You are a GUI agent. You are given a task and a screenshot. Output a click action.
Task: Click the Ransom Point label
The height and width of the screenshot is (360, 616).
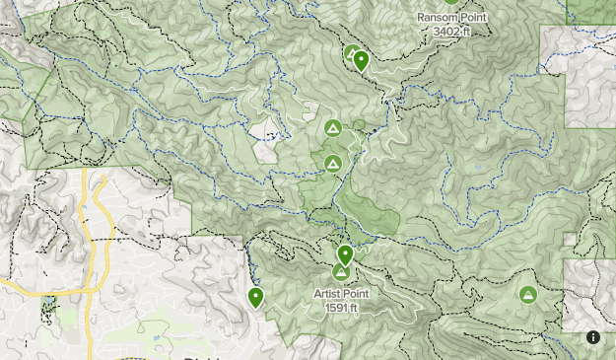click(x=452, y=18)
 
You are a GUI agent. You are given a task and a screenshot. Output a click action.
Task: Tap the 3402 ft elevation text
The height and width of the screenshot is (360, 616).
click(x=452, y=32)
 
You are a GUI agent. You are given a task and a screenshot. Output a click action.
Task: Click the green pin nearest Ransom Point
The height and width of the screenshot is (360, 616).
click(x=361, y=60)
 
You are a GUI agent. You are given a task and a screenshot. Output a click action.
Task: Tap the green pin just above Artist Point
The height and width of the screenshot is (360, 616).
click(x=345, y=254)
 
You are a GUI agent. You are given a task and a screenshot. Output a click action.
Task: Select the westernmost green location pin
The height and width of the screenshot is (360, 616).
click(x=256, y=296)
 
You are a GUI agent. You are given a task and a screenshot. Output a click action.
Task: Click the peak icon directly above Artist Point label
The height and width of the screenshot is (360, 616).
click(x=341, y=272)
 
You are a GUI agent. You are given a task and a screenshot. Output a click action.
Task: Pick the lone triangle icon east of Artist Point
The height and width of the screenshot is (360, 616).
click(x=528, y=294)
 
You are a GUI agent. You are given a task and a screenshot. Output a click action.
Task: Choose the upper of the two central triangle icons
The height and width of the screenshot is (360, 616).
click(x=332, y=128)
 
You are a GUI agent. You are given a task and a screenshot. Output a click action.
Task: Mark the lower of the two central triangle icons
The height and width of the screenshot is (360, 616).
click(x=333, y=163)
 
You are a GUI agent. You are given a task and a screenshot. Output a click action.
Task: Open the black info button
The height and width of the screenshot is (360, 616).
click(x=593, y=337)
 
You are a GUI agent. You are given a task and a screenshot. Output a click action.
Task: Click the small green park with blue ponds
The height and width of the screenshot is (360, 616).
click(x=50, y=308)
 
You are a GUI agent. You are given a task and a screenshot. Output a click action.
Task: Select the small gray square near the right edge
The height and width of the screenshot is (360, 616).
click(x=570, y=239)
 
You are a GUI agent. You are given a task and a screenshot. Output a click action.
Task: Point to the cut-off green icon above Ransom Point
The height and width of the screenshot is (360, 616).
click(x=451, y=2)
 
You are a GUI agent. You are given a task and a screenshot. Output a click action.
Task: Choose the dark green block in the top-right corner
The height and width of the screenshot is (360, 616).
click(x=591, y=10)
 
